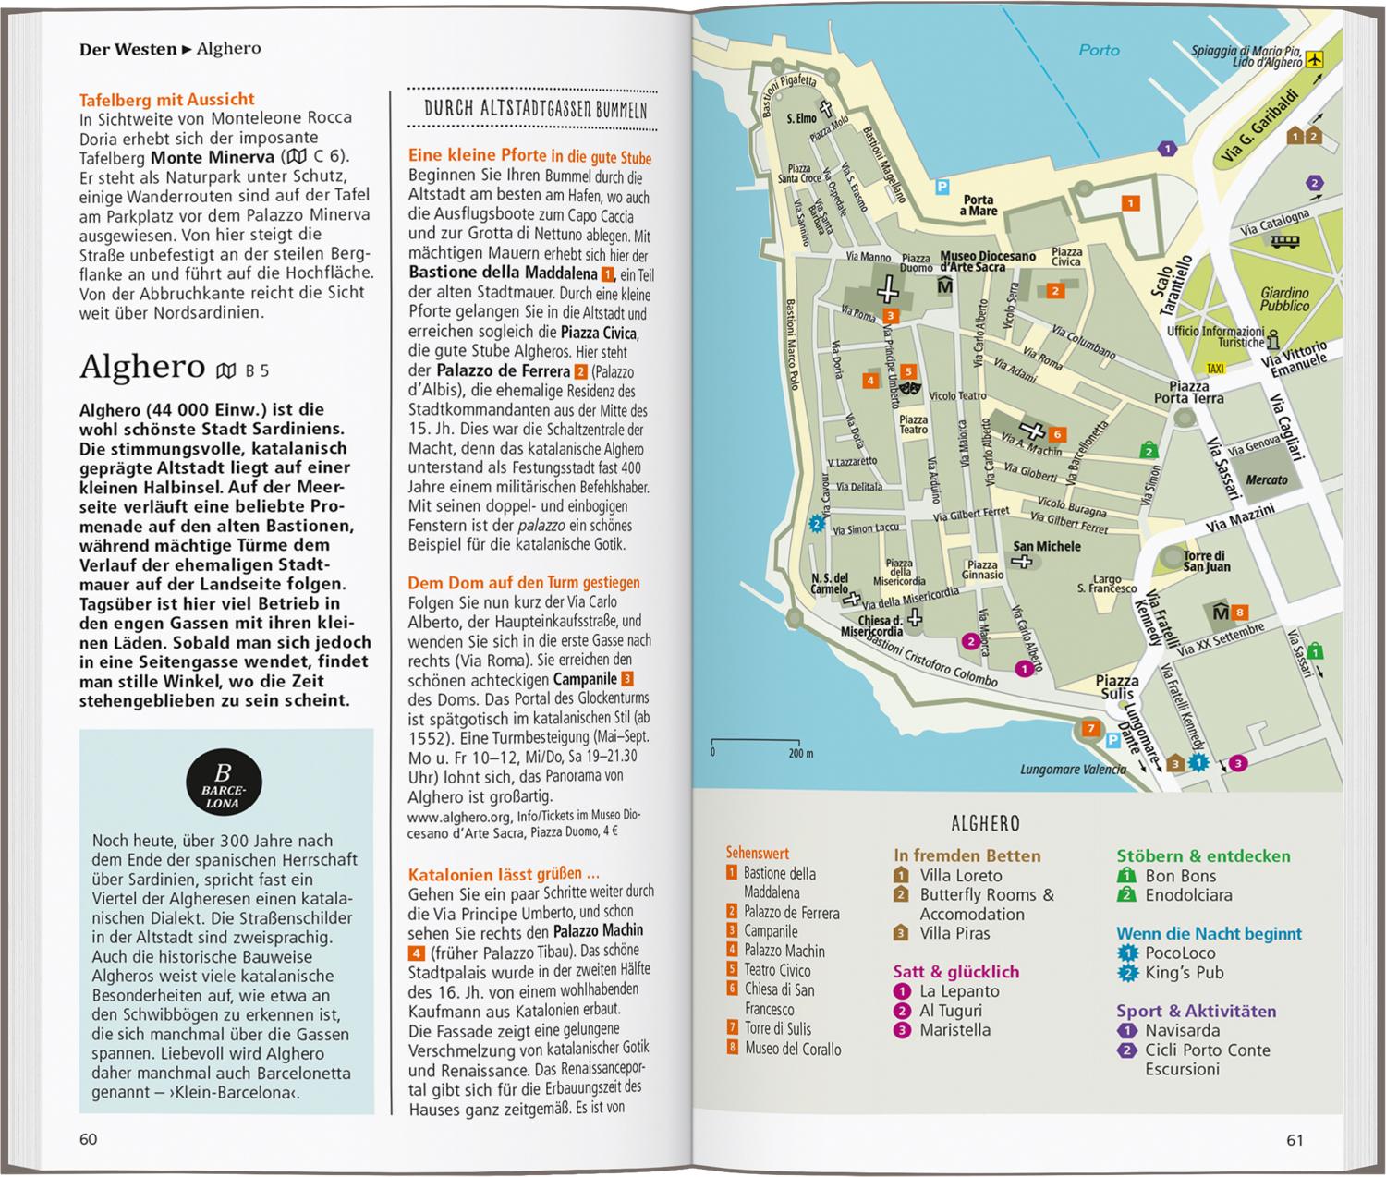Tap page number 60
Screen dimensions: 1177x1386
89,1139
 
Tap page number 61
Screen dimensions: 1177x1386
1295,1140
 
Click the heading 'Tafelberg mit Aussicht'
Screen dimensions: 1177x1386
167,99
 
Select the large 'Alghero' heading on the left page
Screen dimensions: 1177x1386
142,367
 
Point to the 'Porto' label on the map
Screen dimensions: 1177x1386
1099,51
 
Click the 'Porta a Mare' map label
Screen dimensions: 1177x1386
979,205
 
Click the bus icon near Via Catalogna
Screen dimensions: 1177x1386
1285,241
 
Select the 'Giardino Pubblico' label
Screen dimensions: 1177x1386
1284,299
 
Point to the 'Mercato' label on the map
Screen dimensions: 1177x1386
1266,479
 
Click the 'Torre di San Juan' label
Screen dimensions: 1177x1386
1206,561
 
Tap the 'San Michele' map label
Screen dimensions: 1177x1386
1047,546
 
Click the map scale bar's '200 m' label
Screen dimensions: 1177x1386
800,754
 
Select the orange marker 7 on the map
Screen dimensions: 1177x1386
1091,729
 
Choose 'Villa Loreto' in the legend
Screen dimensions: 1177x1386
960,876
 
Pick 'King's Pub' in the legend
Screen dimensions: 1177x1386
1184,972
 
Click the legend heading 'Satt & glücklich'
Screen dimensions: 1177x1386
956,972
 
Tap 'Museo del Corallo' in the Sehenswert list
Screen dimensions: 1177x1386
793,1049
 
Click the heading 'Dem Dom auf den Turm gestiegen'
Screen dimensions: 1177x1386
524,582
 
